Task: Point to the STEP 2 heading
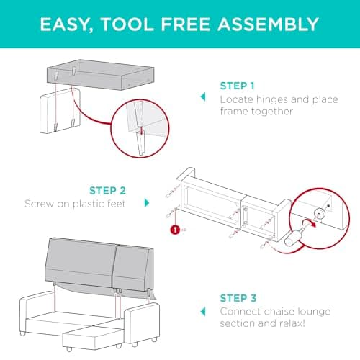[x=108, y=191]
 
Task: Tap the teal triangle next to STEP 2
[x=147, y=204]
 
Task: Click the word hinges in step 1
[x=274, y=98]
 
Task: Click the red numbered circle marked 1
[x=174, y=229]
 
